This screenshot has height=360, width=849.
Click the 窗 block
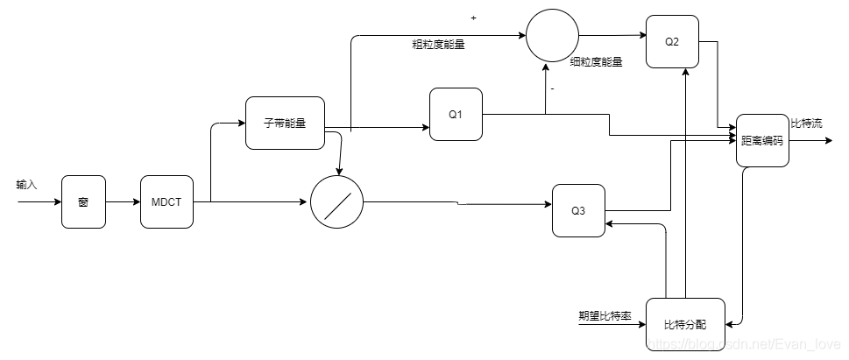pos(83,201)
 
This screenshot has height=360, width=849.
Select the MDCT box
pos(166,201)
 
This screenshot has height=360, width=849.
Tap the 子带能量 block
pos(285,123)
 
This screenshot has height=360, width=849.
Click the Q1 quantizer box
pos(456,114)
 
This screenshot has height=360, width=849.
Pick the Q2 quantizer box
pos(673,41)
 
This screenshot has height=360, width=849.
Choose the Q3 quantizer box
pos(578,210)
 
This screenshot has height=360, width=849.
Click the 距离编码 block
pos(761,140)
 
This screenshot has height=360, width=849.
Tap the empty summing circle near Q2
pos(552,37)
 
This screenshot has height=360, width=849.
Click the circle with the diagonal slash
pos(336,202)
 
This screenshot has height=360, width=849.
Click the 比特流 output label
pos(806,124)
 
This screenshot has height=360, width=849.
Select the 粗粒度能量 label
pos(438,44)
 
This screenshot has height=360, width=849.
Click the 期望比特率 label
pos(605,315)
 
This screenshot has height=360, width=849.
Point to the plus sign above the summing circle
pos(474,18)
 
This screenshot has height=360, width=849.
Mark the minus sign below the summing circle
pos(553,88)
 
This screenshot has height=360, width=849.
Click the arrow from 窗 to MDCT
pos(123,202)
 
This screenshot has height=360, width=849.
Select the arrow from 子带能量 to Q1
pos(386,129)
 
